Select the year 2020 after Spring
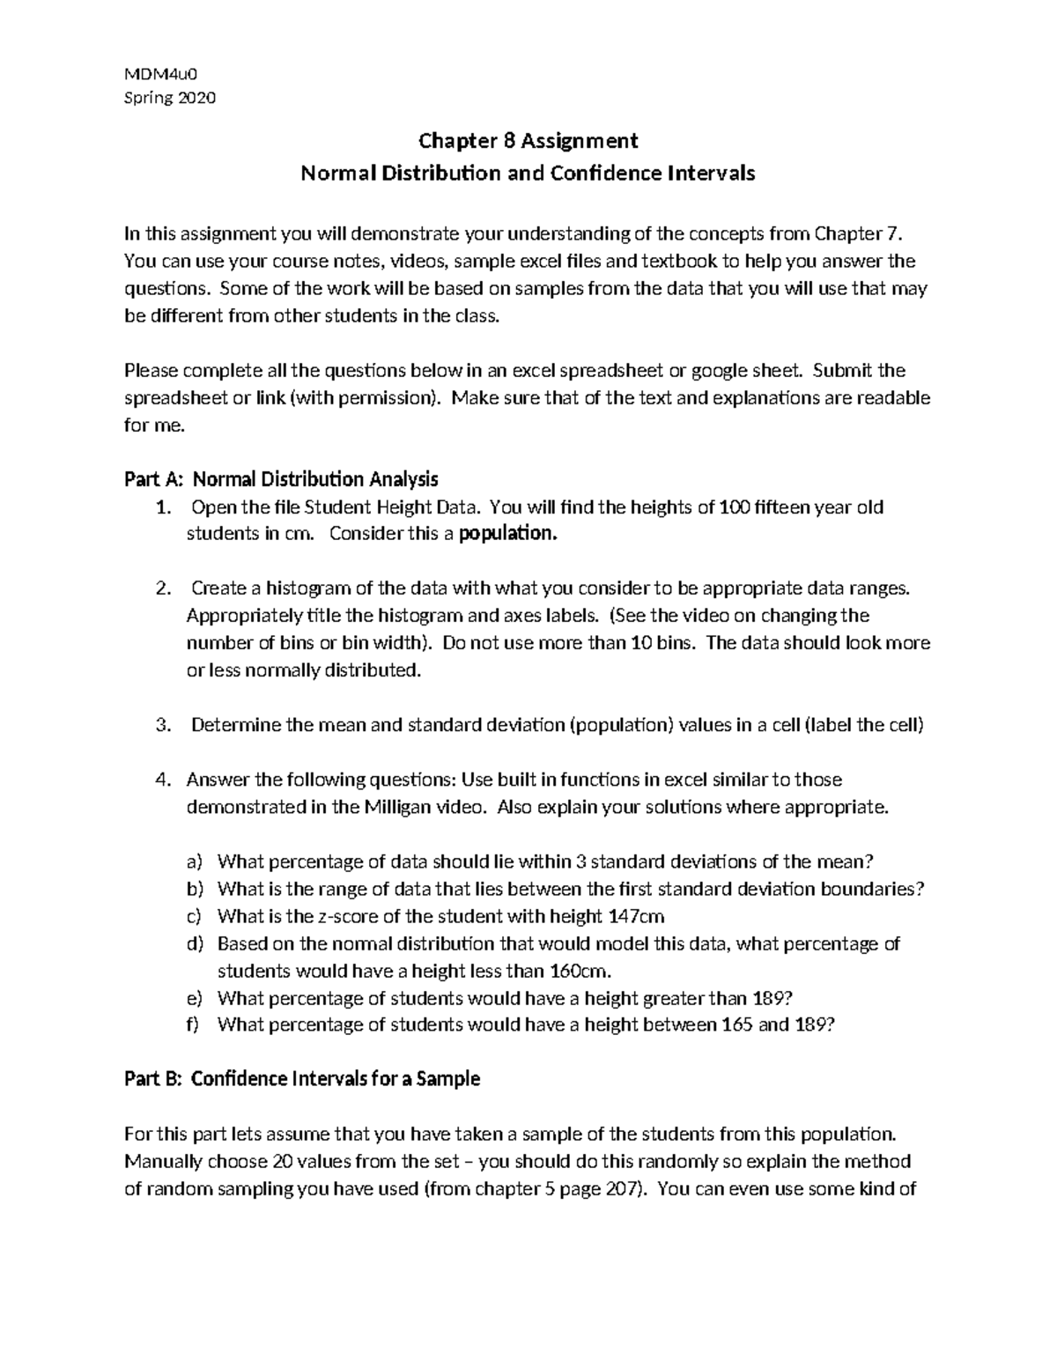pos(196,98)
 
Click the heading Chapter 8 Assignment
pos(528,140)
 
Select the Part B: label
pos(152,1078)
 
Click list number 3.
pos(161,725)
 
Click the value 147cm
pos(636,916)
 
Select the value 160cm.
pos(580,971)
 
